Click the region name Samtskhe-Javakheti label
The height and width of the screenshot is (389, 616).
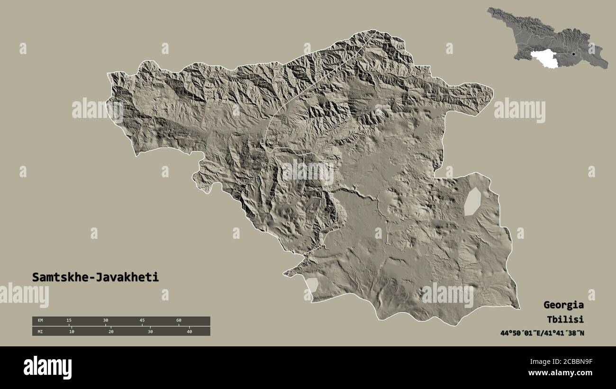coord(95,278)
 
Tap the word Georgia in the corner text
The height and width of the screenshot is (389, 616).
coord(563,305)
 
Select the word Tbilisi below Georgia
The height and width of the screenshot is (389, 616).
coord(563,319)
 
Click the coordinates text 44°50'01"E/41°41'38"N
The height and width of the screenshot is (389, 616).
coord(542,333)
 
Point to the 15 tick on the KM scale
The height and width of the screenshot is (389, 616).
coord(69,321)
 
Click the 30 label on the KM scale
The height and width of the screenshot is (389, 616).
coord(105,321)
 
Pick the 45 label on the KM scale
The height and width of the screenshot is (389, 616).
coord(142,321)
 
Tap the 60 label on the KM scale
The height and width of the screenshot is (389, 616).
coord(179,321)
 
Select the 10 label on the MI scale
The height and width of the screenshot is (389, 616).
coord(71,332)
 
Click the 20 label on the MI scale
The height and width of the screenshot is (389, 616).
coord(110,332)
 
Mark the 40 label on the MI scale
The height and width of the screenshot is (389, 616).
coord(189,332)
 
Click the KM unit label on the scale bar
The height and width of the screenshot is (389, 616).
coord(40,321)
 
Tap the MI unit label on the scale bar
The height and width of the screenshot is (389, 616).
coord(40,332)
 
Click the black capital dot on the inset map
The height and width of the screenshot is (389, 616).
coord(574,54)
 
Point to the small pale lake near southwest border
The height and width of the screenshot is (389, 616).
coord(312,285)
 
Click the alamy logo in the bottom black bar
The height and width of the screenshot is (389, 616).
coord(47,368)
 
